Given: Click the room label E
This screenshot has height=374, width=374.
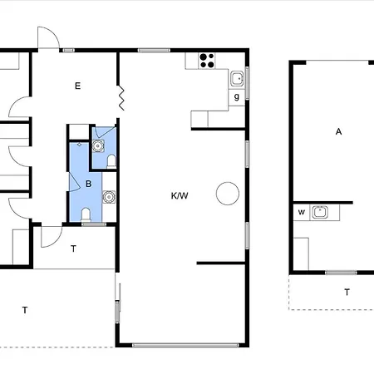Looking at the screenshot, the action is coord(78,86).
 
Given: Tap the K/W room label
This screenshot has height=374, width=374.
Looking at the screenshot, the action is coord(180,196).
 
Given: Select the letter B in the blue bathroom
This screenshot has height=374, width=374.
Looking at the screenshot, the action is coord(89,184).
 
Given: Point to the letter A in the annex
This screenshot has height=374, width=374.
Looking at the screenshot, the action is coord(338,131).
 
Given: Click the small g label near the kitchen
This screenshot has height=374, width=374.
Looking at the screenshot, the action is coord(237,97).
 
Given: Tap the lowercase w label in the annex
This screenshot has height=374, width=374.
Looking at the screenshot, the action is coord(302,212).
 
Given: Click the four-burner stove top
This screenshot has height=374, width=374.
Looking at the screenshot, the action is coord(207,61).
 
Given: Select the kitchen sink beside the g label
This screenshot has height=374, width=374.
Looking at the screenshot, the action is coord(238,79).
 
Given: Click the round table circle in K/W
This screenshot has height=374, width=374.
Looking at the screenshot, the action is coord(228,194).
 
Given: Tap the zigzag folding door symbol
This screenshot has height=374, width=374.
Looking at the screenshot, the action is coord(121,98).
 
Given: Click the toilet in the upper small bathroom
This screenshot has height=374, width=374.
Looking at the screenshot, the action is coord(111,161).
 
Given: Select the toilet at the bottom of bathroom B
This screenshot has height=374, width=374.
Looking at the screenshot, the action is coord(86,214).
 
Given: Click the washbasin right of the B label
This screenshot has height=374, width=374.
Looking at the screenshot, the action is coord(109,197).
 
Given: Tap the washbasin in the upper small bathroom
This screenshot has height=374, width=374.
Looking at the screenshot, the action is coord(98,146).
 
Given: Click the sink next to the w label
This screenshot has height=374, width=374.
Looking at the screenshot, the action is coord(320,213).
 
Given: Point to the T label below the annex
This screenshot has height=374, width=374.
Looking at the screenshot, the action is coord(347,292).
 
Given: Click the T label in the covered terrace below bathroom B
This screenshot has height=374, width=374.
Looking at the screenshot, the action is coord(73,249).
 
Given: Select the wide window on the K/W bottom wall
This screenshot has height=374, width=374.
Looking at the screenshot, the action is coord(185,345).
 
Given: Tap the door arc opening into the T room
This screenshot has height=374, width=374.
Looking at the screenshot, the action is coord(57,242).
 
